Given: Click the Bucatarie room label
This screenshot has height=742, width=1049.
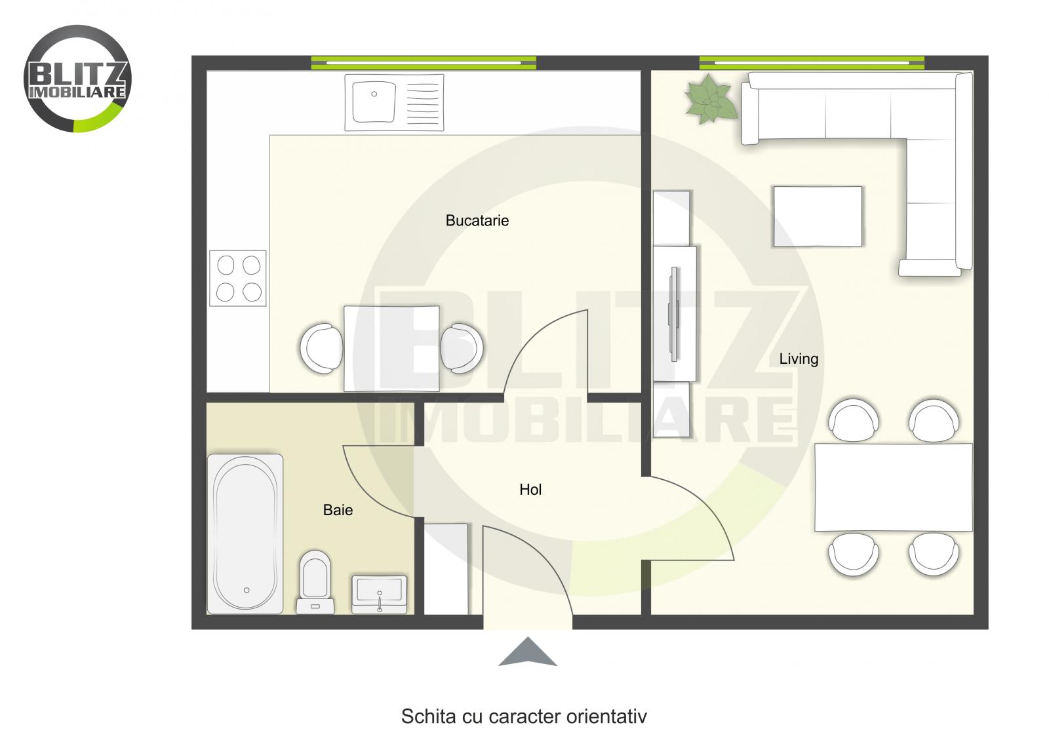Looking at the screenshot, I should (x=477, y=220).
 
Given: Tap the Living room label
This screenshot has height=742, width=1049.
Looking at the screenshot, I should (x=798, y=359).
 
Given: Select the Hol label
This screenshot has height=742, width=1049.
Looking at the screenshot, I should (x=530, y=489).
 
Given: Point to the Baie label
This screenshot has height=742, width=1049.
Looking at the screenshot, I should (x=338, y=510).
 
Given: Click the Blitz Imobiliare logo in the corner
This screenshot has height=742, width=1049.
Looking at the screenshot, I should (x=77, y=79).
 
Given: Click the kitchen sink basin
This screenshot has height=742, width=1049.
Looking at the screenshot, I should (x=374, y=102).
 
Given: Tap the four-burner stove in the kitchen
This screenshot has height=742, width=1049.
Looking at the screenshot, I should (x=238, y=278).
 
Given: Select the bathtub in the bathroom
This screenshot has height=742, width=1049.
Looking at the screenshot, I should (x=245, y=533).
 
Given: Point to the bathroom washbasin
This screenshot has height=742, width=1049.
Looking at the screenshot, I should (x=380, y=594).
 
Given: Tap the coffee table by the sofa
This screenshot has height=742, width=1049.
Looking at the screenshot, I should (x=818, y=216).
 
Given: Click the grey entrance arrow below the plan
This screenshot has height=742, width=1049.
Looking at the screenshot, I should (x=528, y=652).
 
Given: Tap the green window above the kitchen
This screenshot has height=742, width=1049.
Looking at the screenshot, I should (x=424, y=63).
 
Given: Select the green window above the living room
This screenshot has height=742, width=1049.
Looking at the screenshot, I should (x=812, y=63).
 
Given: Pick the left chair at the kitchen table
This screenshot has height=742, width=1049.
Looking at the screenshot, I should (x=321, y=348).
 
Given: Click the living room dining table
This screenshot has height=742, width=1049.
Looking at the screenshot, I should (x=893, y=487).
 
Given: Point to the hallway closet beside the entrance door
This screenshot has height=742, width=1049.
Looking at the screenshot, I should (x=446, y=569).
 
